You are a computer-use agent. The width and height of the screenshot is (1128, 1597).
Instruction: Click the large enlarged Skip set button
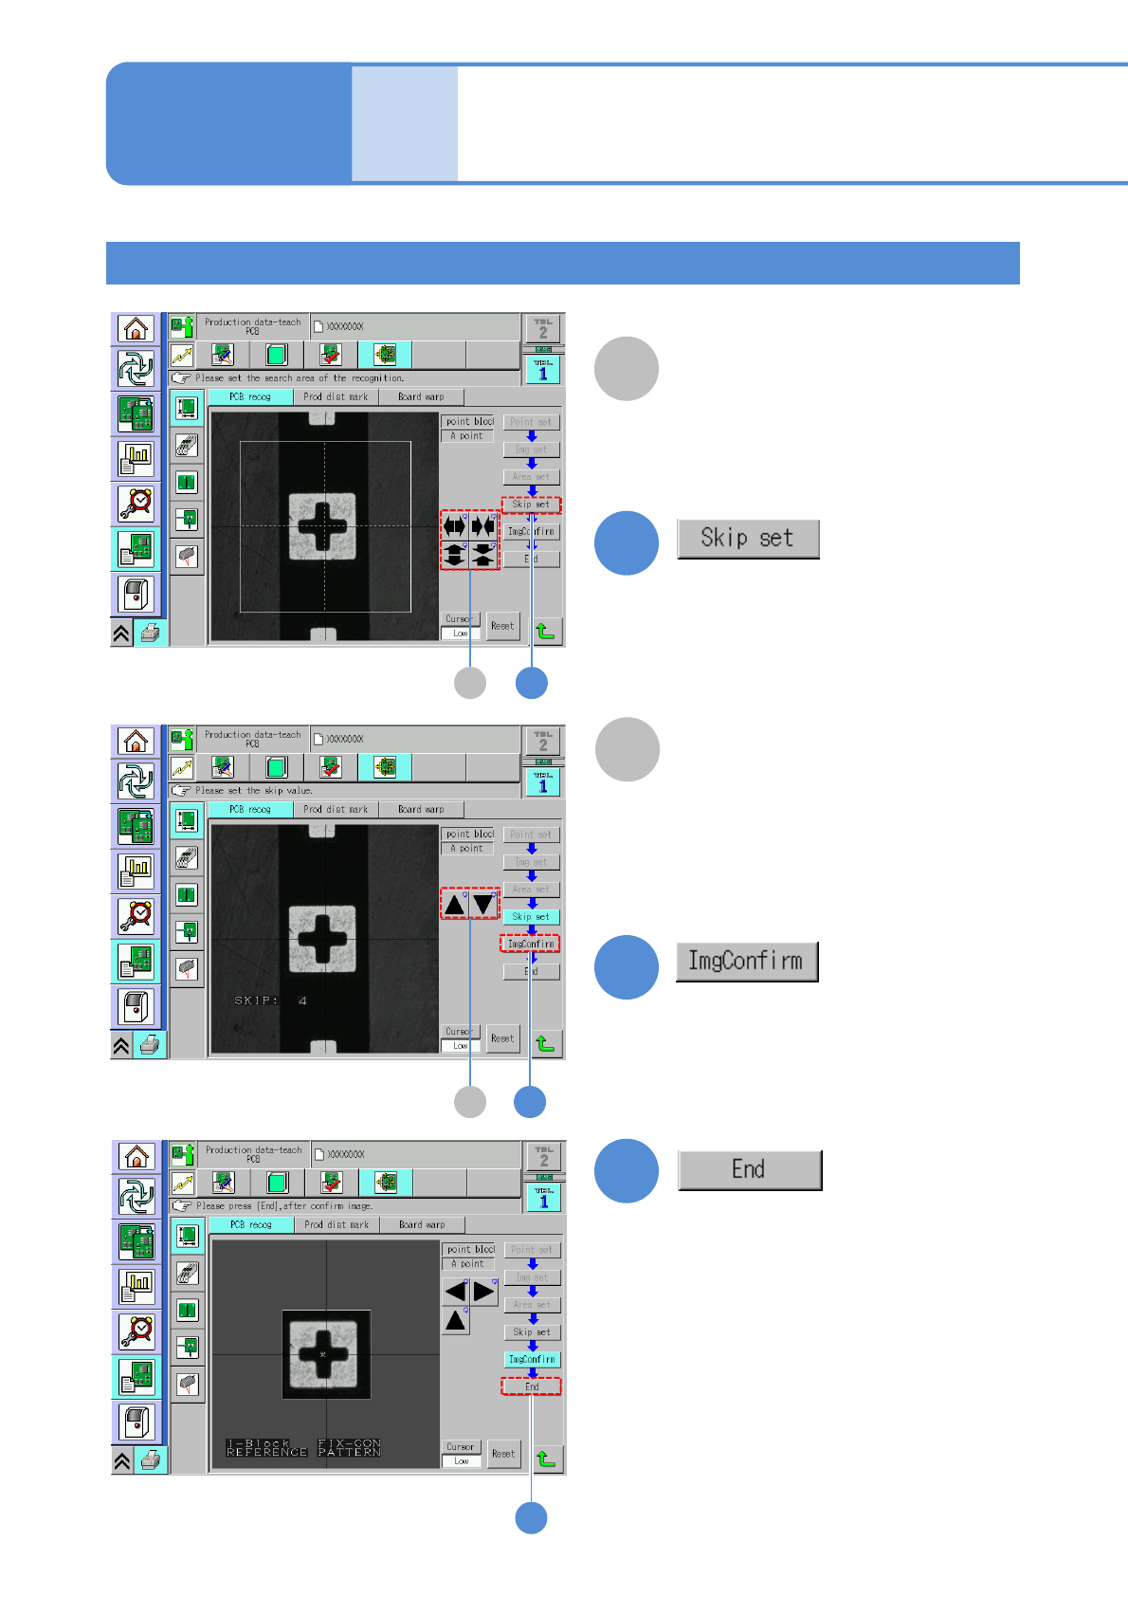[748, 539]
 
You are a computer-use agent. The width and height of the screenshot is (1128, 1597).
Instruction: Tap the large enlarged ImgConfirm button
[746, 962]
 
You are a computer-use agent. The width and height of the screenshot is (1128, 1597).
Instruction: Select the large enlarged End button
[749, 1169]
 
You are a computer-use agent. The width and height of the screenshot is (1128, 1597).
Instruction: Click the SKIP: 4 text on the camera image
[270, 1000]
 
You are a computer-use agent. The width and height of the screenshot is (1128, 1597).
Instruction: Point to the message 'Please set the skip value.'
[253, 790]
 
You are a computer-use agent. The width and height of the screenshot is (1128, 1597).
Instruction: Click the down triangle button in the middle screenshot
[483, 905]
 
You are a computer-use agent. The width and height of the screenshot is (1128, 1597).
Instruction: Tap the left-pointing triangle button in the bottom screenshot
[456, 1291]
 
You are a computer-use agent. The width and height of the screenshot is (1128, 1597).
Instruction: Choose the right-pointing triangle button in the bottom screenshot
[484, 1291]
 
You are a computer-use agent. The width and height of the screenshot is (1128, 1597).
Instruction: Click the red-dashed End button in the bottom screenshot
[532, 1386]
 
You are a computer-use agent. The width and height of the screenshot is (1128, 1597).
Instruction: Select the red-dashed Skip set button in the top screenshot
[531, 505]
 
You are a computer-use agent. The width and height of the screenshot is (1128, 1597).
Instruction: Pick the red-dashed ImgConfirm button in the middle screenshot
[531, 944]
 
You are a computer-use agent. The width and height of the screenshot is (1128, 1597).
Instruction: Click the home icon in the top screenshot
[136, 328]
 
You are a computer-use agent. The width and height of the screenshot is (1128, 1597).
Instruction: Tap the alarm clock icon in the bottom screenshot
[137, 1331]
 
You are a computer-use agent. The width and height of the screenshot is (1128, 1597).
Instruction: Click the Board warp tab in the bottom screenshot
[422, 1224]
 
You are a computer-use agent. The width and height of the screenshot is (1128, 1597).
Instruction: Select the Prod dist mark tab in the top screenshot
[336, 396]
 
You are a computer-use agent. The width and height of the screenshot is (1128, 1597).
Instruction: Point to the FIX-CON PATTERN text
[349, 1447]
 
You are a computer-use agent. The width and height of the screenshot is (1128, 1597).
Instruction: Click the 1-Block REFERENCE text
[266, 1447]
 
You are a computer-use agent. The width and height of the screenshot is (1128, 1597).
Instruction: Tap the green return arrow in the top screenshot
[545, 631]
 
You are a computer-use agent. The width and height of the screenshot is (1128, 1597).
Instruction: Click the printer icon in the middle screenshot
[150, 1045]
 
